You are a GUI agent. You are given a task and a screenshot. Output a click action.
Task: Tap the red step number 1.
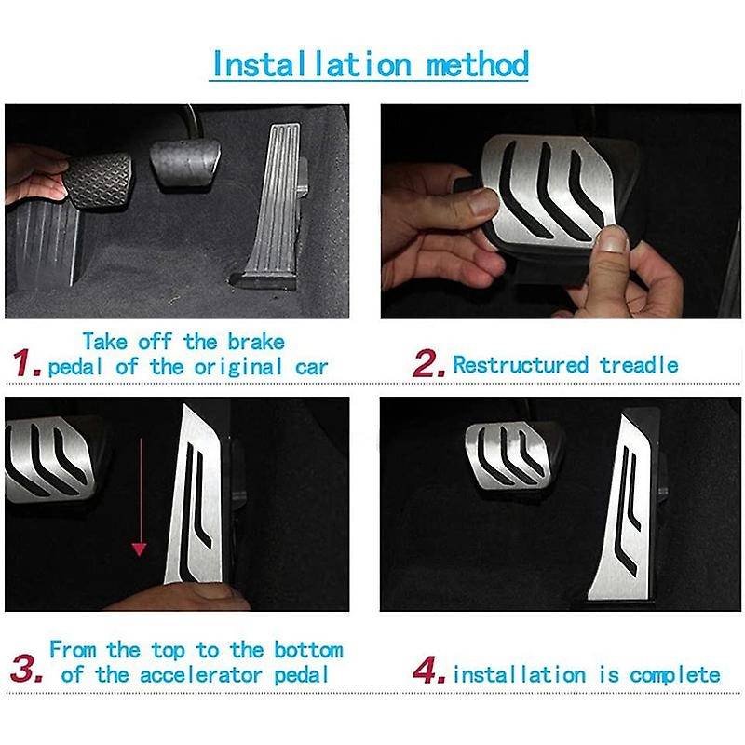[25, 364]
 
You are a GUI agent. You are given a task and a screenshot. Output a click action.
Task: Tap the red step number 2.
[429, 364]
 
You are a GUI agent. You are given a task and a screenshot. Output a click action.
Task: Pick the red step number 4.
[429, 672]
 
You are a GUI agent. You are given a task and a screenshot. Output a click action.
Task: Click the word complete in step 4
[674, 674]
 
